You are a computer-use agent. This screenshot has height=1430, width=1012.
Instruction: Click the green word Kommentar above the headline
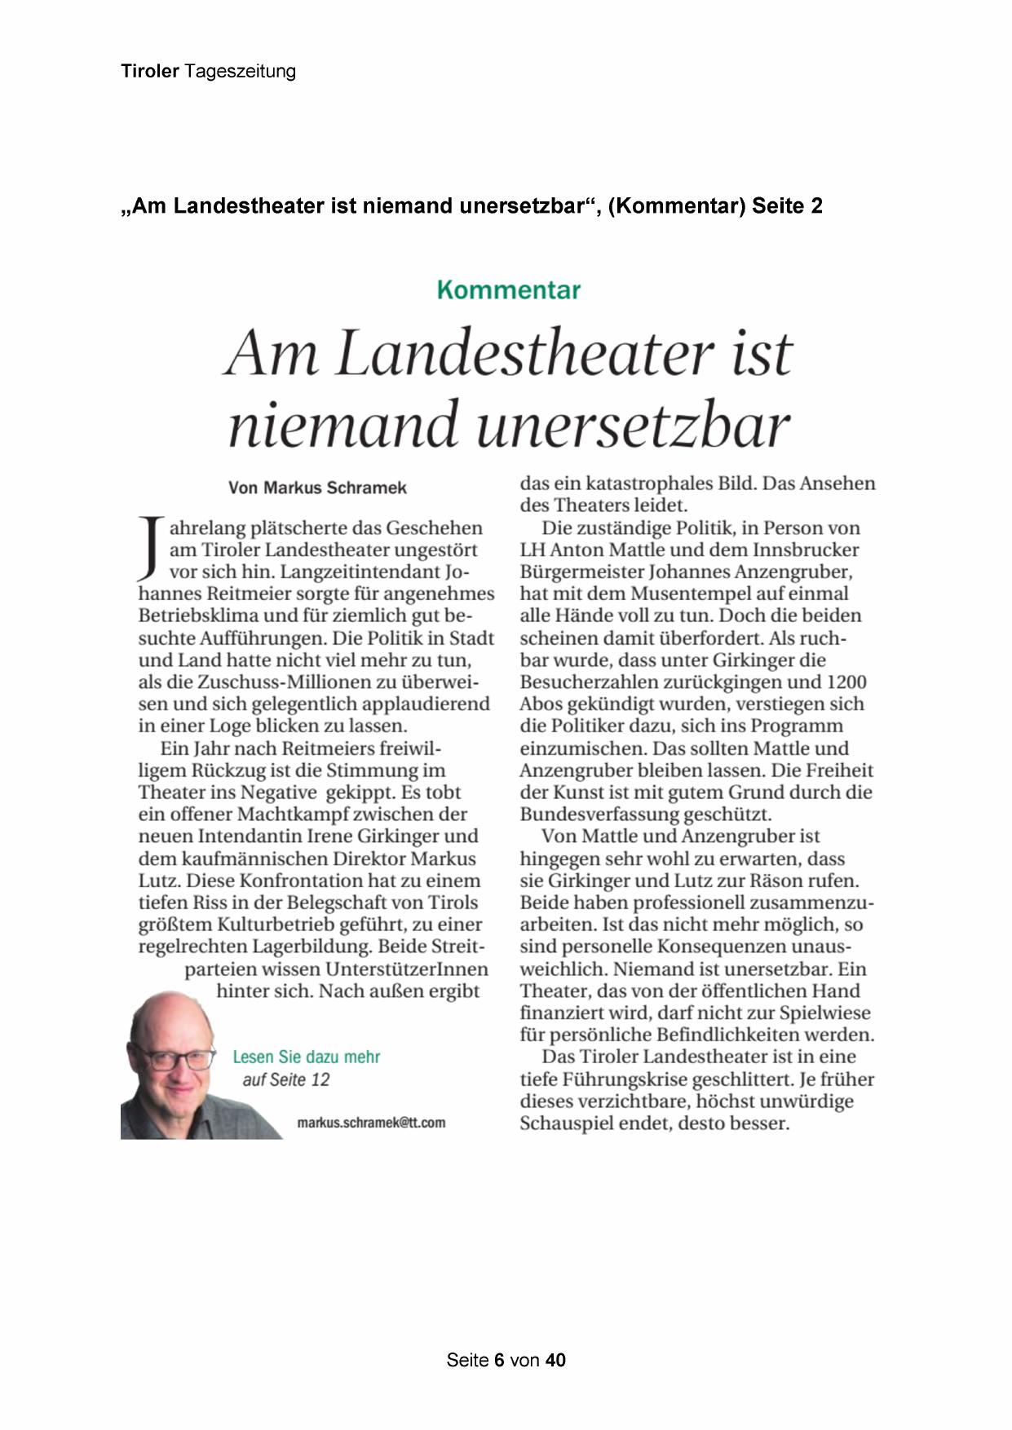click(x=508, y=290)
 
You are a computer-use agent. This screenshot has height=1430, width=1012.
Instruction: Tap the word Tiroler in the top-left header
click(x=150, y=72)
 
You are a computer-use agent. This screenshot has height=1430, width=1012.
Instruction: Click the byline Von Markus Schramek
click(x=317, y=488)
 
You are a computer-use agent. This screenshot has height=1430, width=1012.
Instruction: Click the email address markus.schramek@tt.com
click(x=371, y=1123)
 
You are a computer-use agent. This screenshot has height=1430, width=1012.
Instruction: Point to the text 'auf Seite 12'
click(x=286, y=1080)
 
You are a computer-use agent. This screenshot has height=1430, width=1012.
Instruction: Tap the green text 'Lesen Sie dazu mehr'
click(x=307, y=1057)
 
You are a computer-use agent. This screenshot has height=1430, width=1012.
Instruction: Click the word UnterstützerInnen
click(x=407, y=970)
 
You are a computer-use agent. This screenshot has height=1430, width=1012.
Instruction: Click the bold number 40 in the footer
click(x=555, y=1360)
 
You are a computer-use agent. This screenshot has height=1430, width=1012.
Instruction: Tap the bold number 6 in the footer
click(x=500, y=1360)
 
